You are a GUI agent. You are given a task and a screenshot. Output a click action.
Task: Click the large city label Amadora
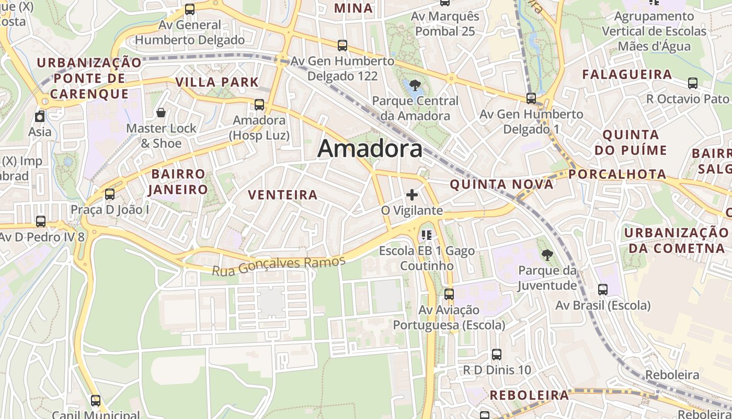tap(370, 149)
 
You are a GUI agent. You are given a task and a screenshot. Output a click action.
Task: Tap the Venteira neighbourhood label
tap(283, 195)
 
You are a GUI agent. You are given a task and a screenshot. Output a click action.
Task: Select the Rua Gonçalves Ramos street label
tap(279, 265)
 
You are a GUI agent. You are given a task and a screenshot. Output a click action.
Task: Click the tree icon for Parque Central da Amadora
tap(415, 85)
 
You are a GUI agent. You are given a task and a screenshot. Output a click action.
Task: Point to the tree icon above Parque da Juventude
tap(547, 255)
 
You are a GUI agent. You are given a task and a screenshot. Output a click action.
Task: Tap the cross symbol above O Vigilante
tap(412, 195)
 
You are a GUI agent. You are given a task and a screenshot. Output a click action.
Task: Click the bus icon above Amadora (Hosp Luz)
tap(259, 104)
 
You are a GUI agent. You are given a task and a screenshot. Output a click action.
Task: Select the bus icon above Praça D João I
tap(110, 194)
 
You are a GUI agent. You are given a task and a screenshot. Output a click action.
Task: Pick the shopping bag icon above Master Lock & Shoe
tap(161, 113)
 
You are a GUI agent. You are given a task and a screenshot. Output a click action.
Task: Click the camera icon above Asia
tap(40, 116)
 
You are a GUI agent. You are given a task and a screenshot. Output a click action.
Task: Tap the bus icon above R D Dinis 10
tap(497, 355)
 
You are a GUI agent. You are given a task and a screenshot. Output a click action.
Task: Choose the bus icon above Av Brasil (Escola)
tap(603, 290)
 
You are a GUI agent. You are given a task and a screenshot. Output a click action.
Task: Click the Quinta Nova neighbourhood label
tap(501, 184)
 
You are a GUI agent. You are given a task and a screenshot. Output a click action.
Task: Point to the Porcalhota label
tap(617, 174)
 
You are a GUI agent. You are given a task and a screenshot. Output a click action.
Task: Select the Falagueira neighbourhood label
tap(627, 74)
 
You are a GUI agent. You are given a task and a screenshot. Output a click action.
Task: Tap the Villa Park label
tap(218, 82)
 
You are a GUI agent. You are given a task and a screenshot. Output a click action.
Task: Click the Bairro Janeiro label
tap(178, 181)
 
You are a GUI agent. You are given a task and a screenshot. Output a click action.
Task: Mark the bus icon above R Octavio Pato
tap(693, 83)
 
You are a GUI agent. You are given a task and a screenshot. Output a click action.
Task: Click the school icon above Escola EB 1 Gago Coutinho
tap(427, 235)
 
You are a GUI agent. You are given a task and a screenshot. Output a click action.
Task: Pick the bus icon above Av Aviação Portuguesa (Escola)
tap(449, 294)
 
